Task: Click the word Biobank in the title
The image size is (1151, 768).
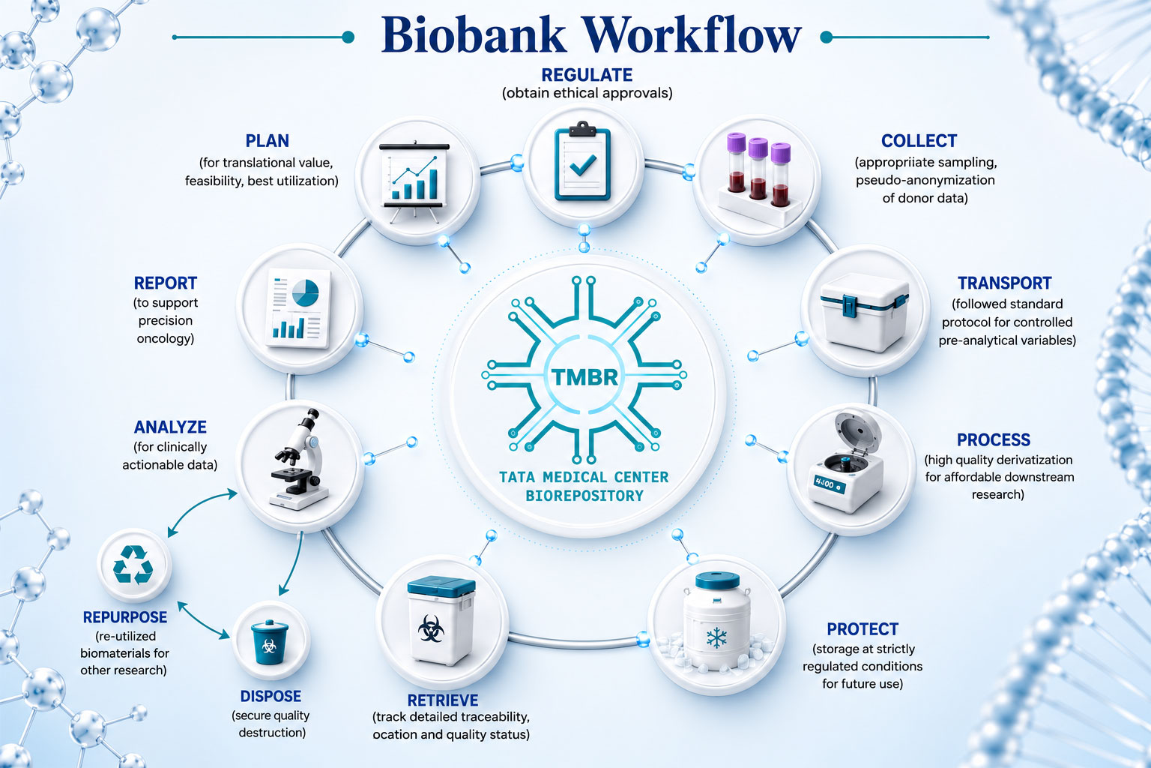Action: click(x=473, y=35)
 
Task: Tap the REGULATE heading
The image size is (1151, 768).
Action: click(x=587, y=75)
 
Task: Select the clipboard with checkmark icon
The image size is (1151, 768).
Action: click(x=582, y=161)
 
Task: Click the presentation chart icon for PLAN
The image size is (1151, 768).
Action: click(x=414, y=181)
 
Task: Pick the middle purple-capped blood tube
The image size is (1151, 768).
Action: click(x=758, y=169)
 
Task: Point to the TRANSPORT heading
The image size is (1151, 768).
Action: click(x=1005, y=283)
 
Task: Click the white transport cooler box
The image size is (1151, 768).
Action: click(x=864, y=312)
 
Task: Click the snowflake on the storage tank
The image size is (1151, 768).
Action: click(x=717, y=637)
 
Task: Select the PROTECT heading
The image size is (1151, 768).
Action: click(x=863, y=629)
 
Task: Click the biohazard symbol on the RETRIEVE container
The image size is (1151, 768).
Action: click(x=431, y=628)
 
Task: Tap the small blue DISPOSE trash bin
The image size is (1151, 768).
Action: click(x=269, y=642)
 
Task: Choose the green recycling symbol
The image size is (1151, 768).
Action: click(x=133, y=565)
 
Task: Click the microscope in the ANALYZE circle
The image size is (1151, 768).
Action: click(x=299, y=459)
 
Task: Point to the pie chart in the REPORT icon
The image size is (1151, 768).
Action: click(x=305, y=293)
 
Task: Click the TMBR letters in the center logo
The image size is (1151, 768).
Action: click(x=584, y=377)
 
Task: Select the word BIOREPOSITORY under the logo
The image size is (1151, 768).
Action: click(x=584, y=496)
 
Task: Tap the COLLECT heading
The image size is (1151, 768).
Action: click(x=919, y=141)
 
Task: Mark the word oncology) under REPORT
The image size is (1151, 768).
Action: click(x=165, y=339)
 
